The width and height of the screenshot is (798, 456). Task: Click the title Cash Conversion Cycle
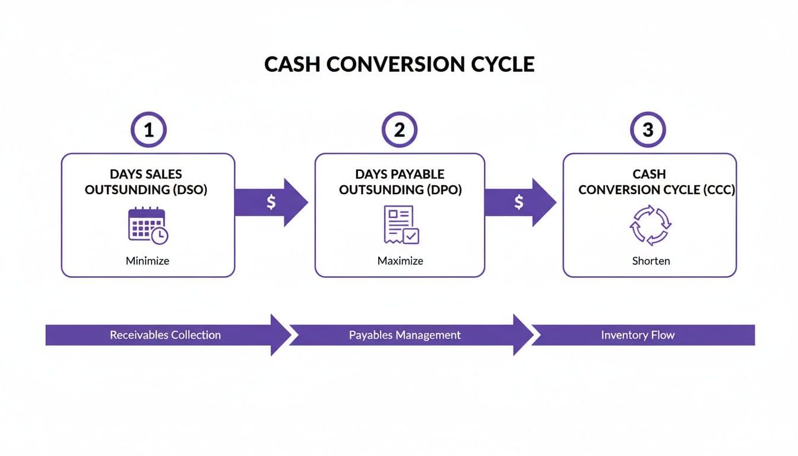(x=399, y=64)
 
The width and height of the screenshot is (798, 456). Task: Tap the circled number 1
(x=148, y=130)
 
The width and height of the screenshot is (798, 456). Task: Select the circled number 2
(x=400, y=130)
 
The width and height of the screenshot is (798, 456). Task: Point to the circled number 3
(x=648, y=130)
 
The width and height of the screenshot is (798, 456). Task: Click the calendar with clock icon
(x=148, y=225)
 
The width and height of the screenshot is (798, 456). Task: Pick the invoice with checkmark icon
(x=400, y=225)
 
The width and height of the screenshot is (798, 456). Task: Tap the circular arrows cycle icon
(x=650, y=225)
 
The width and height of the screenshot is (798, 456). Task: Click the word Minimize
(x=147, y=261)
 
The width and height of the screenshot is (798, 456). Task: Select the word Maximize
(x=400, y=261)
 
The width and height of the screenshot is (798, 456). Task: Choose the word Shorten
(x=651, y=261)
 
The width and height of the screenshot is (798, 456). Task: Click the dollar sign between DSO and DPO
(x=271, y=202)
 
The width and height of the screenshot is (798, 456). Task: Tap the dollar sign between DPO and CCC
(x=519, y=202)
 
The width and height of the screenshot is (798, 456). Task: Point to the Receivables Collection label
(x=165, y=335)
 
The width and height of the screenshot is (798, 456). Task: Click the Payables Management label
(x=404, y=335)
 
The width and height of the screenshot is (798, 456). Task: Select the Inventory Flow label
(x=638, y=335)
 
